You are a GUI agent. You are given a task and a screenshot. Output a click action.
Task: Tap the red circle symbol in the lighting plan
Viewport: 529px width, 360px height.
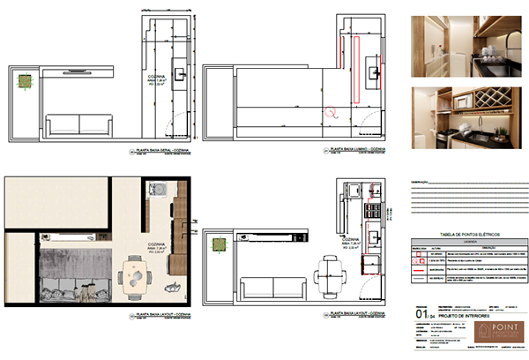(332, 112)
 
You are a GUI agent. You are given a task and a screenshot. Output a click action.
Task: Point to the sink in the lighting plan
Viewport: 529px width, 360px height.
(373, 71)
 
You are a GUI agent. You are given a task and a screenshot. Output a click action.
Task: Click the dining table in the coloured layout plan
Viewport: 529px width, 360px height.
(137, 278)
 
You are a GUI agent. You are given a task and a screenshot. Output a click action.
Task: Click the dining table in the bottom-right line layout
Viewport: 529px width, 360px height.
(328, 268)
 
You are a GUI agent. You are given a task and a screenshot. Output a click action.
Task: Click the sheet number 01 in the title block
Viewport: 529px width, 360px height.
(421, 312)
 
